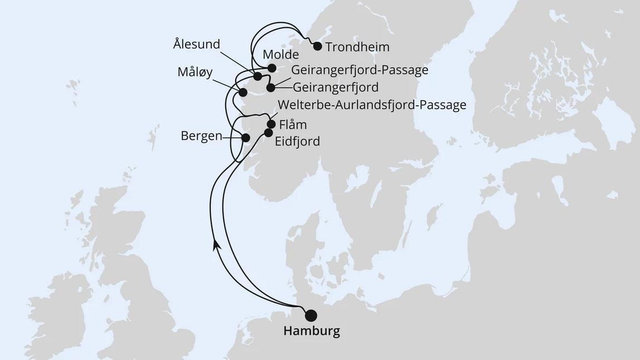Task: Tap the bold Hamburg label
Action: click(311, 332)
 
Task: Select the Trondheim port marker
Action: click(318, 46)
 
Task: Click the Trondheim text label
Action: click(357, 47)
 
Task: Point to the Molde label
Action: click(280, 55)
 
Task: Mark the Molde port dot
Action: click(271, 68)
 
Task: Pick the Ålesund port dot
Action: click(258, 76)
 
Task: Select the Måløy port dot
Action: click(243, 93)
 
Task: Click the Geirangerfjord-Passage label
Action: click(359, 70)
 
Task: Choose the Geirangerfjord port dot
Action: click(270, 87)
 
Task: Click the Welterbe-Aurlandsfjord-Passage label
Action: click(371, 106)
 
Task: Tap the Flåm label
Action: click(293, 124)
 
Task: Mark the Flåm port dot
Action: click(271, 124)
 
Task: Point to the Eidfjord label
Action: click(298, 142)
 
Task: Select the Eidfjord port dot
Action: click(268, 133)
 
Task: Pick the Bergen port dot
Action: click(245, 137)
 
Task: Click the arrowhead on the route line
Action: click(215, 244)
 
